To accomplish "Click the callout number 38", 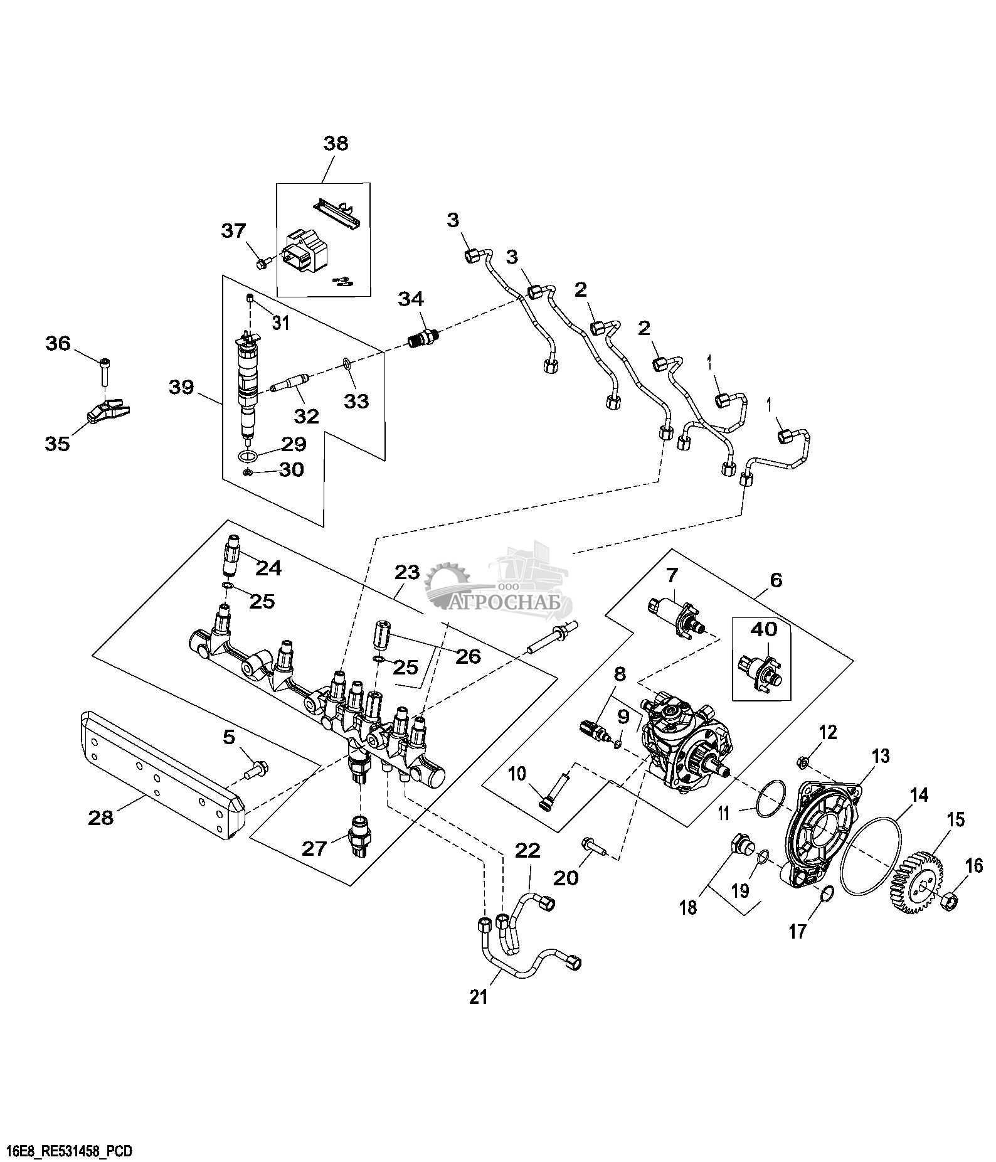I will [x=336, y=144].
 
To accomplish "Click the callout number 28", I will [x=101, y=817].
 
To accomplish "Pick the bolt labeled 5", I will [x=256, y=769].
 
